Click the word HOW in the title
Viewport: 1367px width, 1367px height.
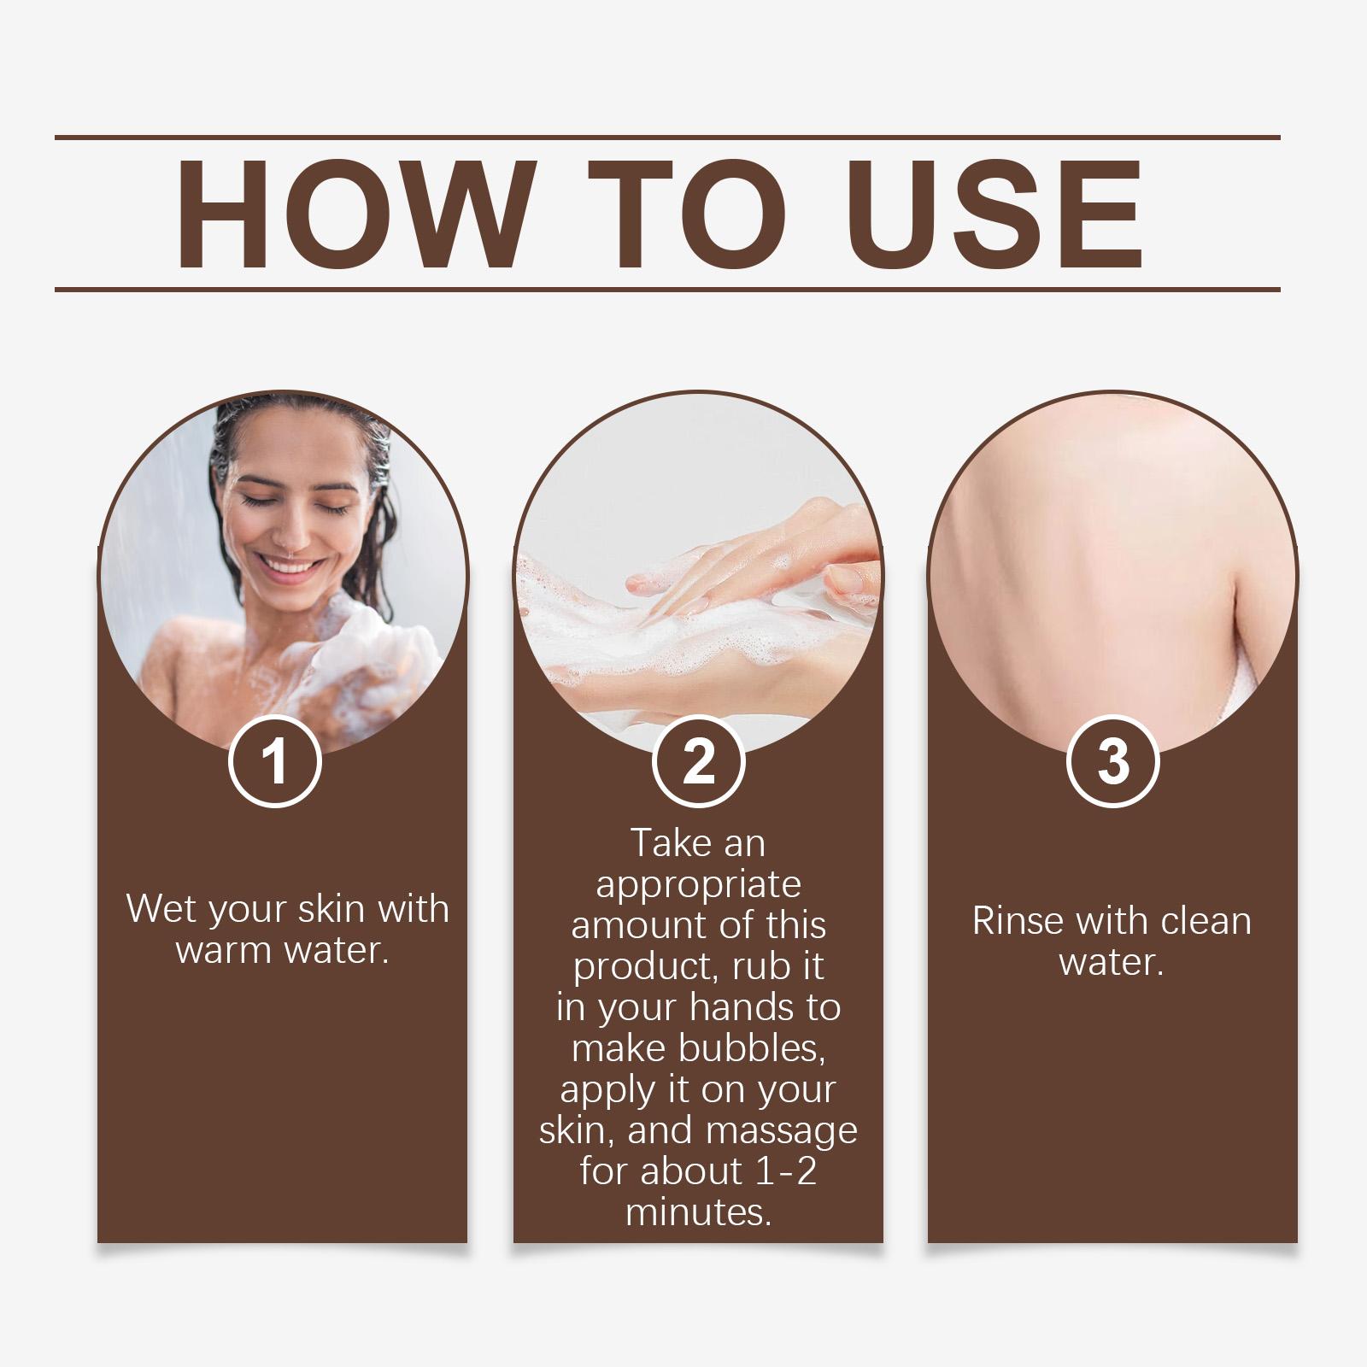point(352,214)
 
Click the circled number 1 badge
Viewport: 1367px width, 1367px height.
point(274,761)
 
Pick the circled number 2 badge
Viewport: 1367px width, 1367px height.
point(698,761)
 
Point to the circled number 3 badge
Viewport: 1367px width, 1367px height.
point(1113,761)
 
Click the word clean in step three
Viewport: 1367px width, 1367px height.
point(1204,921)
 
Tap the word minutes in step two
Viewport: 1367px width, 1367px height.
point(697,1212)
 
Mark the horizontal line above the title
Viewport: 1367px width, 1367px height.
point(667,137)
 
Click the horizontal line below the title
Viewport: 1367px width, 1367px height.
point(667,290)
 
